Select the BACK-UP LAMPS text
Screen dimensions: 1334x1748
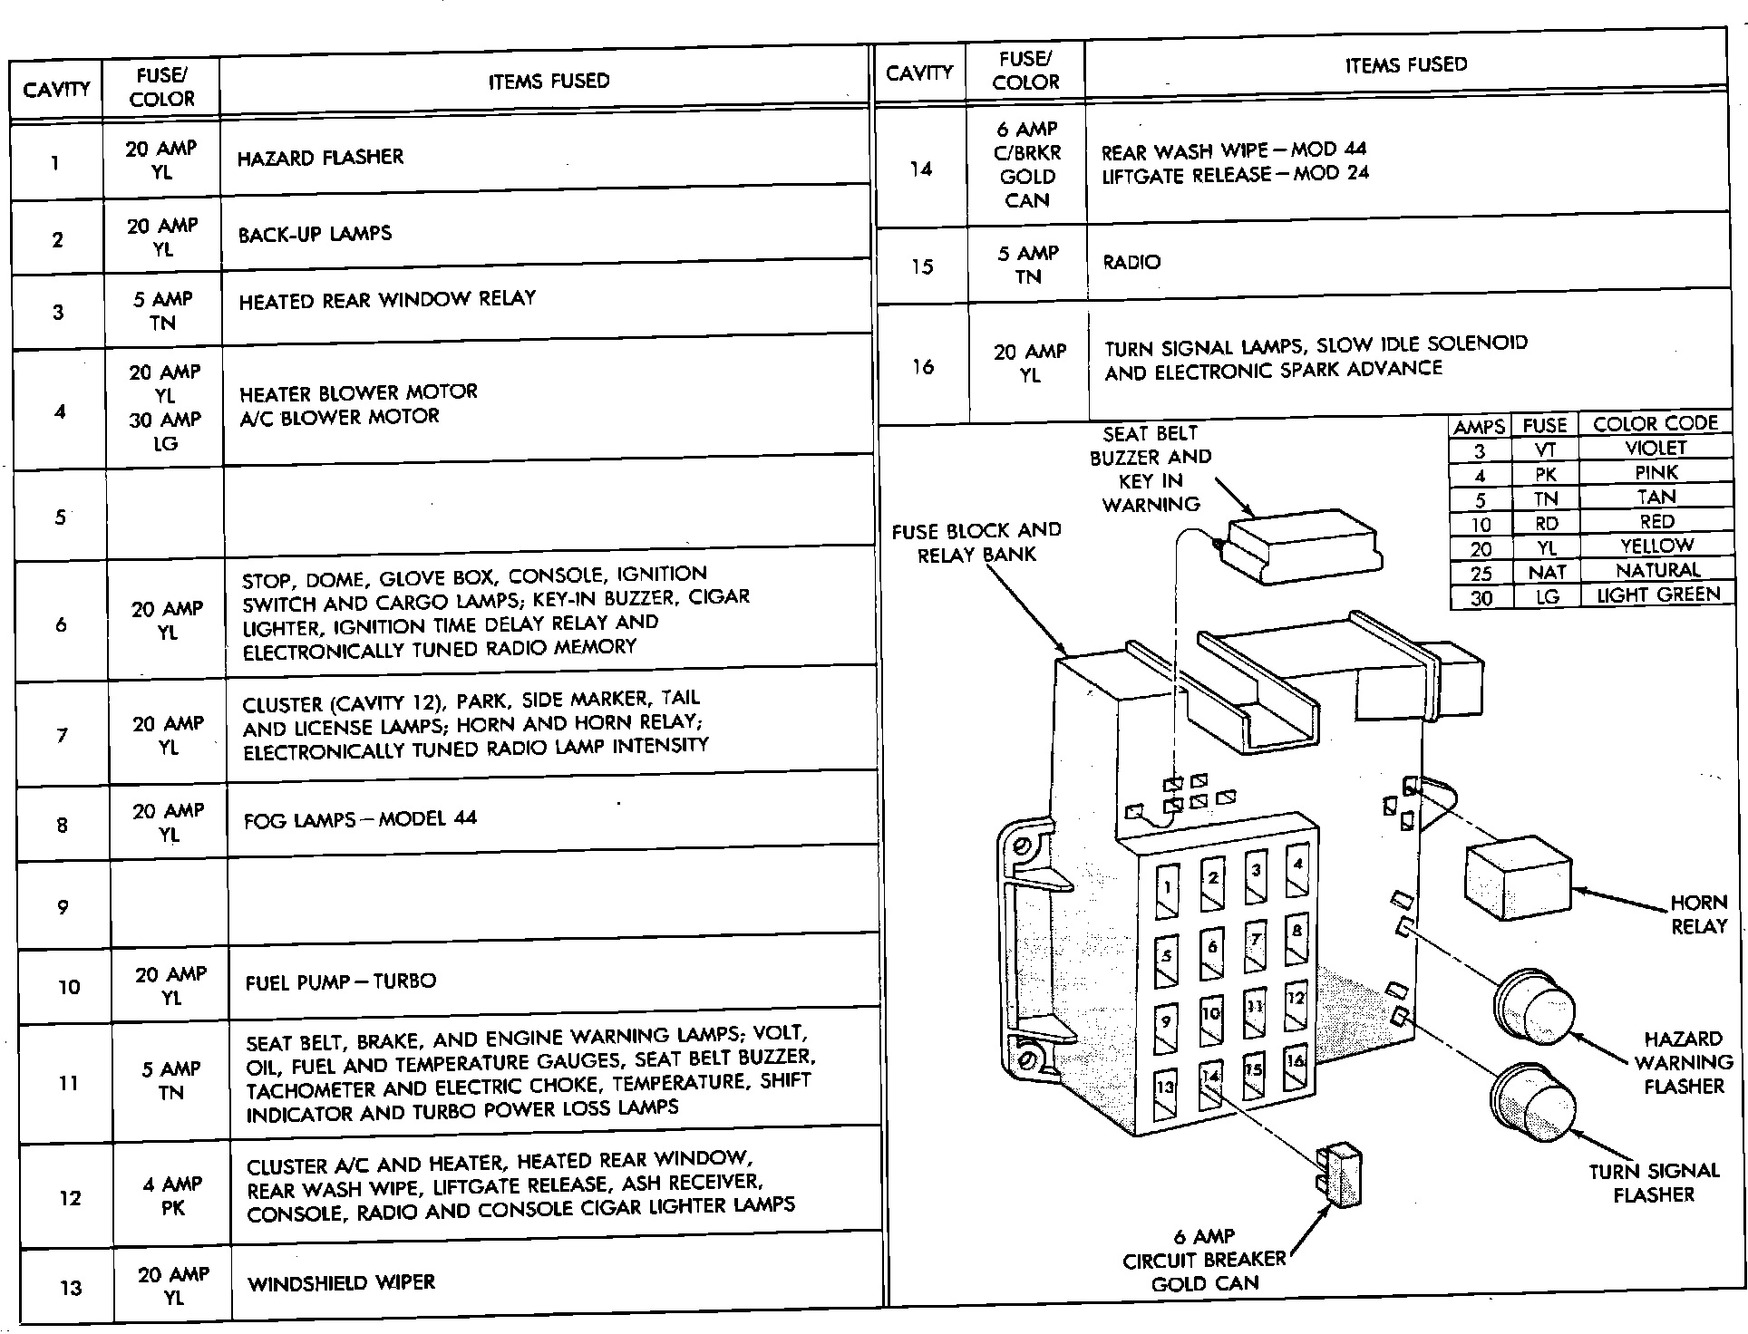click(315, 234)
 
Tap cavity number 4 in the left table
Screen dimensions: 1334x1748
click(60, 411)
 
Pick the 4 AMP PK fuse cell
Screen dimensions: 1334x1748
click(171, 1195)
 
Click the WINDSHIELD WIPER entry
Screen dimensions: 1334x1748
click(342, 1283)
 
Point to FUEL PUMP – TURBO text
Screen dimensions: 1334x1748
click(341, 981)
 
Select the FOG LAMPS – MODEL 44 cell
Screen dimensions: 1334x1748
click(360, 819)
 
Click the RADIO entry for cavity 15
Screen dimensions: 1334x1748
click(1131, 263)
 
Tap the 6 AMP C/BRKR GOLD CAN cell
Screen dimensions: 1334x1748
click(1026, 165)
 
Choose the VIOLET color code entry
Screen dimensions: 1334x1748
click(1656, 449)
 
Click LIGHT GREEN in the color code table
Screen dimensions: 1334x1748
click(1658, 595)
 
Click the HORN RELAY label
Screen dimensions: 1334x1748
click(1698, 914)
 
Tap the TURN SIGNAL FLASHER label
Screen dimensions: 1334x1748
click(1654, 1183)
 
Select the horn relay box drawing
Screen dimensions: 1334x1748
click(1517, 876)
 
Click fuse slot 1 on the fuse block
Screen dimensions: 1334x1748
click(1167, 892)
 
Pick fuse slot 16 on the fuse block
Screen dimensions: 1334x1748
click(1296, 1069)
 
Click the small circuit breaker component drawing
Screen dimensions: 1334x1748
click(1340, 1176)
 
